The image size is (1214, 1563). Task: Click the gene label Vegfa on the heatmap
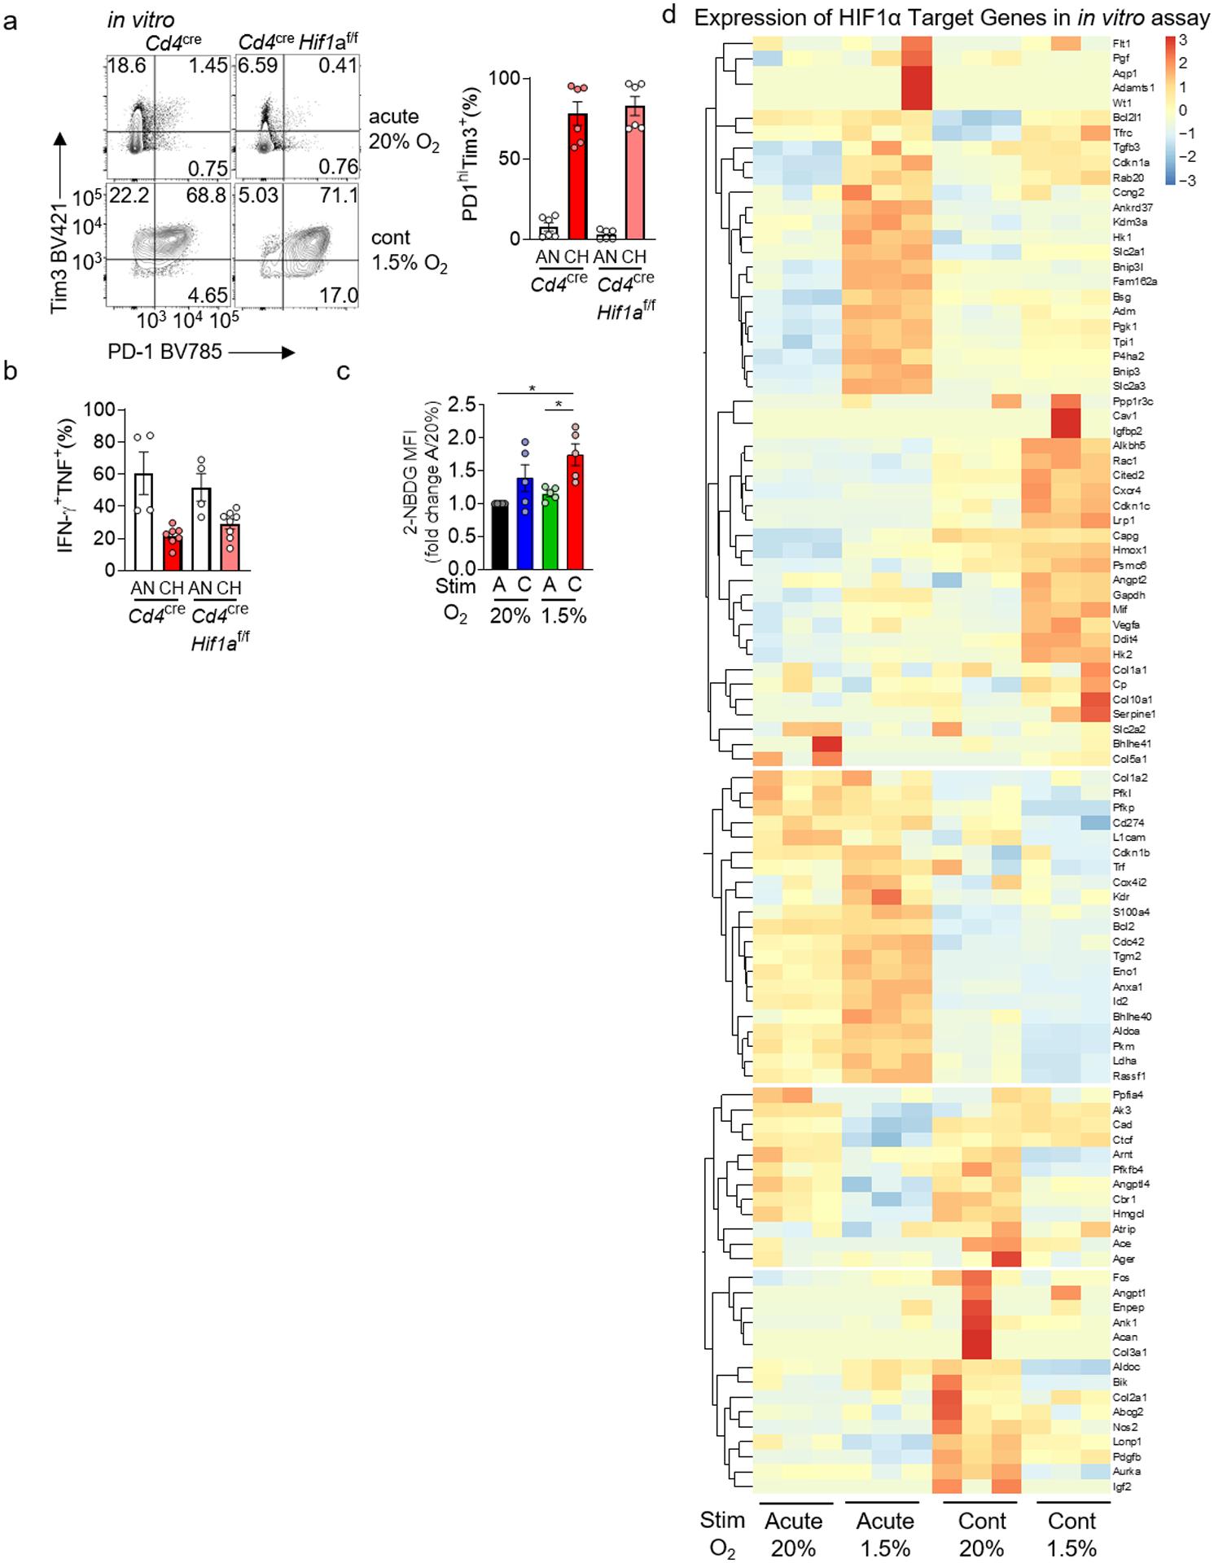[1126, 624]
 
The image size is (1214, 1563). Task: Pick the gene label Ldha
[1124, 1061]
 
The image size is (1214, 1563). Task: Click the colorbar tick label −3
[1186, 180]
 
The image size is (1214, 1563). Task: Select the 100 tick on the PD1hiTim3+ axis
[509, 79]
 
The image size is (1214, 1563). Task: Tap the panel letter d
[668, 17]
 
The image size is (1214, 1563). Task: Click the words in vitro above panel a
[141, 20]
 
